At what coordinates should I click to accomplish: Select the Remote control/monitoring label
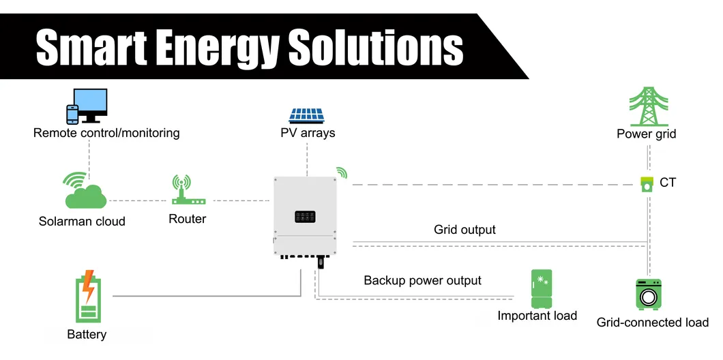106,133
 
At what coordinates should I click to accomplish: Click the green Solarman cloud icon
85,192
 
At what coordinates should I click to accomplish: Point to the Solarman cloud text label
82,221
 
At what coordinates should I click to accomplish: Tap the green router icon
181,191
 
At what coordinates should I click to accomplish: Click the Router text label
187,219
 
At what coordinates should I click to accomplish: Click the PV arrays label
308,133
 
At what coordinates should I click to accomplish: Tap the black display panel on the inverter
305,217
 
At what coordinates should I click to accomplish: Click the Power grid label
646,134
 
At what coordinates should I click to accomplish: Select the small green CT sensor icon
645,183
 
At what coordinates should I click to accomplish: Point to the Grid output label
464,230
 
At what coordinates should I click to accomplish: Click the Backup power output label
422,280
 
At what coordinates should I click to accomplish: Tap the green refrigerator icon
542,288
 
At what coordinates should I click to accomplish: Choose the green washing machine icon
648,295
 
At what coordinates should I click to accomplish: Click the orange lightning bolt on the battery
88,287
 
